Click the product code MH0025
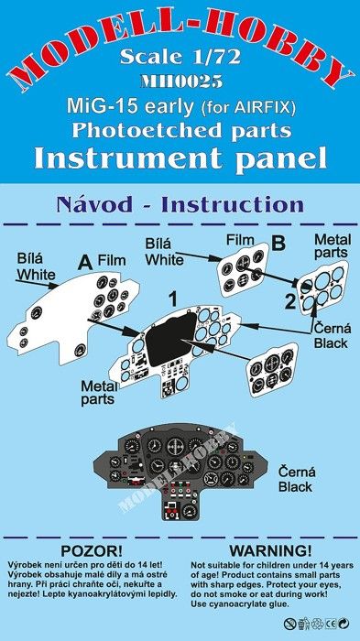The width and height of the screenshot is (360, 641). pyautogui.click(x=181, y=81)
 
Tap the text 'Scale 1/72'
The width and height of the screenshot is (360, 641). pyautogui.click(x=180, y=57)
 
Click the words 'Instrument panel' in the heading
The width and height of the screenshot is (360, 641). pyautogui.click(x=180, y=158)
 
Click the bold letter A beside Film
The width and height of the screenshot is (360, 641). pyautogui.click(x=84, y=263)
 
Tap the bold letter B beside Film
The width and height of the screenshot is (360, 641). pyautogui.click(x=278, y=244)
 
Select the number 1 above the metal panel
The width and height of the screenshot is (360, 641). pyautogui.click(x=173, y=301)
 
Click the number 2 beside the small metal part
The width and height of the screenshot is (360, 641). pyautogui.click(x=290, y=303)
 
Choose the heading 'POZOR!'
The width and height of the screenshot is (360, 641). pyautogui.click(x=92, y=551)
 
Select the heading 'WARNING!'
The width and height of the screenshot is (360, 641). pyautogui.click(x=270, y=551)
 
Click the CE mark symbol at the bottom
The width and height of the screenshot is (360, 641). pyautogui.click(x=332, y=624)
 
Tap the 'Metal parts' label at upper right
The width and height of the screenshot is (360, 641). pyautogui.click(x=333, y=245)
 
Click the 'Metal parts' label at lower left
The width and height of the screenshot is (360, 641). pyautogui.click(x=99, y=393)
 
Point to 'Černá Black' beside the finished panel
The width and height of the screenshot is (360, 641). pyautogui.click(x=297, y=480)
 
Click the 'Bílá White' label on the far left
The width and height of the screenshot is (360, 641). pyautogui.click(x=36, y=266)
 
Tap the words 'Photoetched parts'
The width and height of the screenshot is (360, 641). pyautogui.click(x=181, y=131)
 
